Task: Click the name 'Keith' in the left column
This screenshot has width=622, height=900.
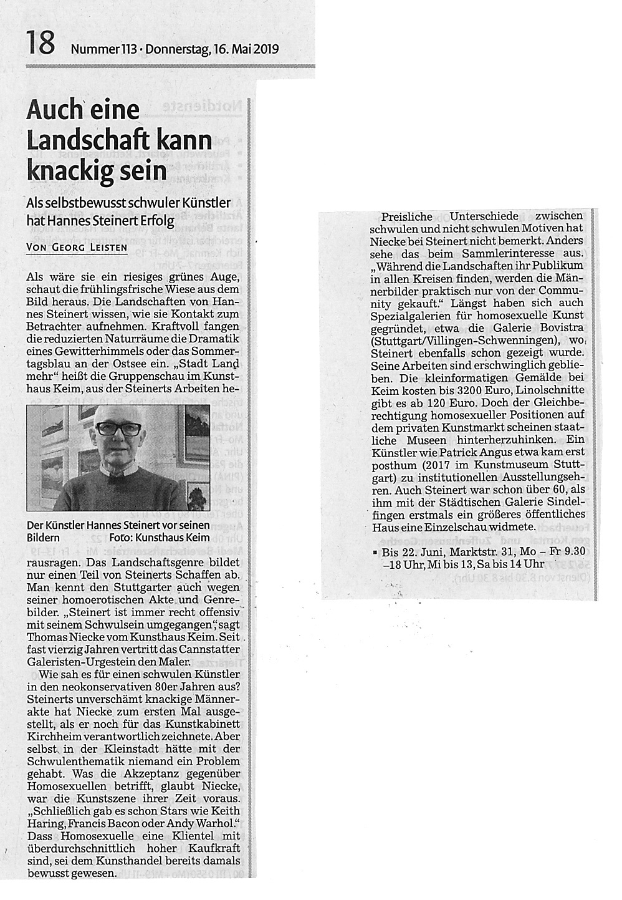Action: [225, 811]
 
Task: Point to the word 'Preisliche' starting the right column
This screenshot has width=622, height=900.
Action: [406, 216]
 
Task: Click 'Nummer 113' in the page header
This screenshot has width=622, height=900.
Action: [104, 49]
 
